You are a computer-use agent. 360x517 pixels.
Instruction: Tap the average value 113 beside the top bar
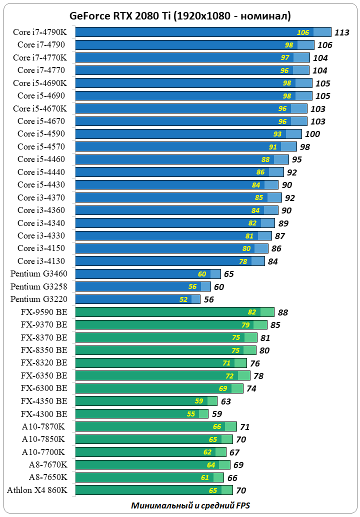(342, 32)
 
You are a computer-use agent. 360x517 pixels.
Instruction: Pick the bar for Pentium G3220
(137, 299)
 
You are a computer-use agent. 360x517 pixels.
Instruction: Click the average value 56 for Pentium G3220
(209, 300)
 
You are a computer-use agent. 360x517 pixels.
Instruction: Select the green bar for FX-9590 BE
(174, 312)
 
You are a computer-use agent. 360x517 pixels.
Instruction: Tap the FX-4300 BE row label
(44, 413)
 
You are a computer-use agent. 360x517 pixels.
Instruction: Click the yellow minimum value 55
(191, 414)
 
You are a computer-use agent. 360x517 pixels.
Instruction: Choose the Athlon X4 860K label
(37, 490)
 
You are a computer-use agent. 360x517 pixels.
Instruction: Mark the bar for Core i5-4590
(188, 134)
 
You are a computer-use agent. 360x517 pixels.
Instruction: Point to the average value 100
(312, 134)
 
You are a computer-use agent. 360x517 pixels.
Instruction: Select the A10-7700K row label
(43, 451)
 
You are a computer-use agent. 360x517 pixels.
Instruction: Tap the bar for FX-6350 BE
(162, 375)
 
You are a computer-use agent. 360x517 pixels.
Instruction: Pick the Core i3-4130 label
(41, 261)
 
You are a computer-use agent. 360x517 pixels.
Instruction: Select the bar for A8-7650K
(149, 477)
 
